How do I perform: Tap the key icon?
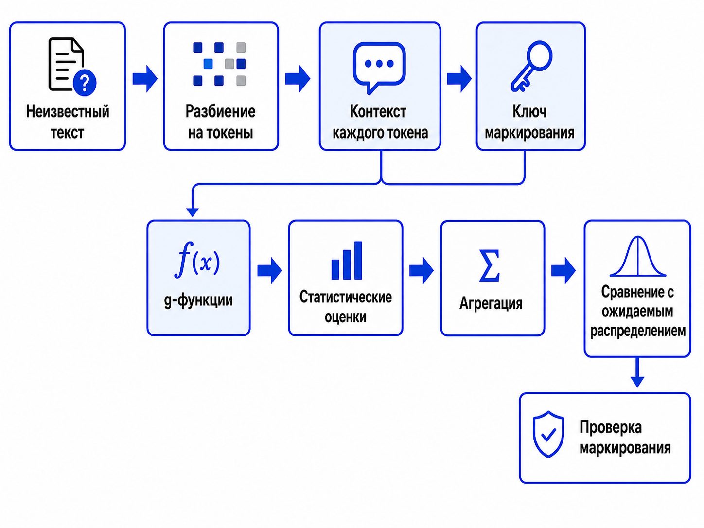pyautogui.click(x=531, y=66)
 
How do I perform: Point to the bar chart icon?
pyautogui.click(x=346, y=260)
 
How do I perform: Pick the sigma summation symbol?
pyautogui.click(x=490, y=266)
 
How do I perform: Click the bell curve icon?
pyautogui.click(x=637, y=256)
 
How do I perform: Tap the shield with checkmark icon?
pyautogui.click(x=548, y=434)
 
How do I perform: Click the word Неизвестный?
pyautogui.click(x=68, y=111)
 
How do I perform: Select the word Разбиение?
pyautogui.click(x=220, y=111)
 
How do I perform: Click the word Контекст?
pyautogui.click(x=378, y=111)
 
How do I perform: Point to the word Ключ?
pyautogui.click(x=529, y=111)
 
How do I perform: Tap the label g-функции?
pyautogui.click(x=198, y=301)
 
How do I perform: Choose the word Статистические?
pyautogui.click(x=345, y=297)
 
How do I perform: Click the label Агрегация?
pyautogui.click(x=491, y=303)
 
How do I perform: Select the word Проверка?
pyautogui.click(x=610, y=427)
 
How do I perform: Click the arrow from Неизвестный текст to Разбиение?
pyautogui.click(x=145, y=79)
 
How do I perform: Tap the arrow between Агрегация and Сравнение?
pyautogui.click(x=563, y=271)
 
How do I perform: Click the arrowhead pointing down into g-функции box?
pyautogui.click(x=193, y=212)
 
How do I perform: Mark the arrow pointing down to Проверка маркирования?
pyautogui.click(x=637, y=372)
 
